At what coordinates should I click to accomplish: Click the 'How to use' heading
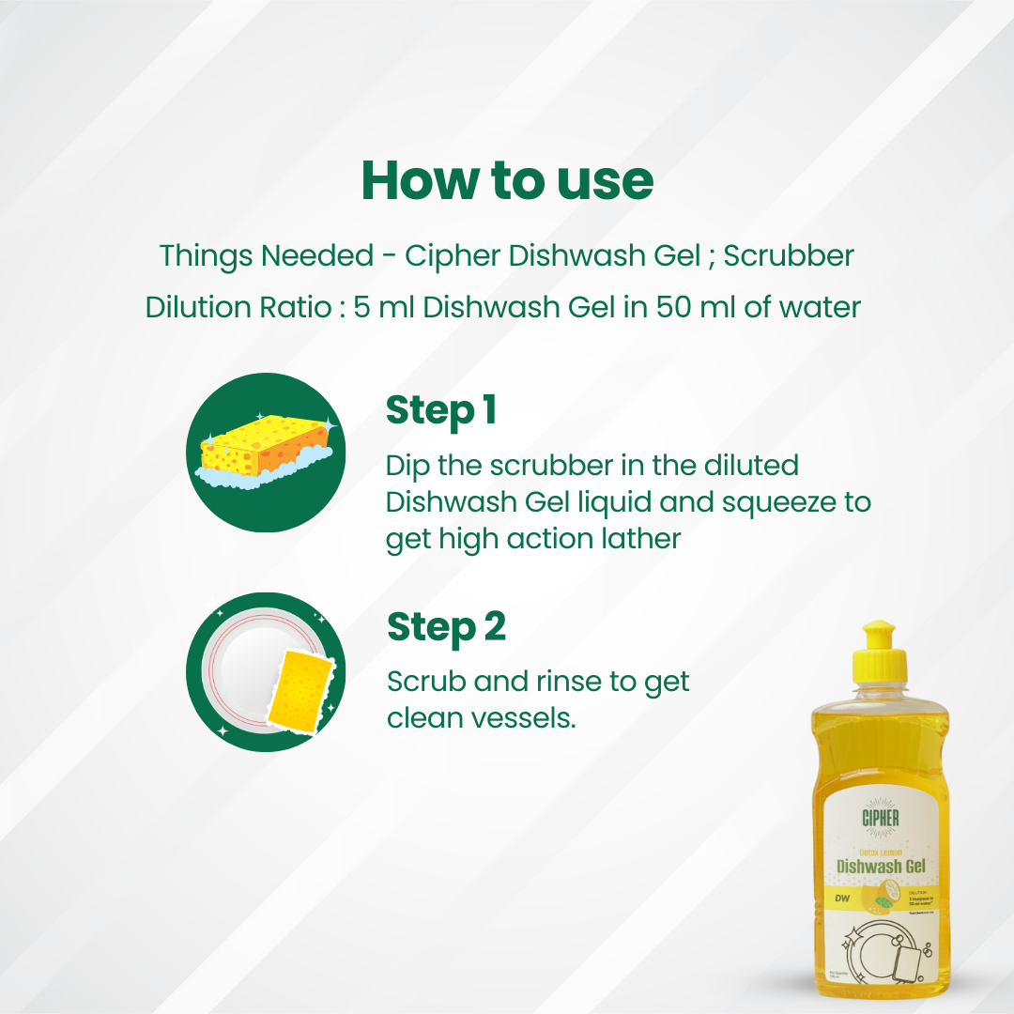[507, 180]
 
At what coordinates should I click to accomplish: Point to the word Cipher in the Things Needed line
[453, 255]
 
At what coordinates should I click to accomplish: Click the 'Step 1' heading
[440, 410]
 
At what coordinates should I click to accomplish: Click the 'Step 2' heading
[446, 627]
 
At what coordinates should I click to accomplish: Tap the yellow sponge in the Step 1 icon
[265, 443]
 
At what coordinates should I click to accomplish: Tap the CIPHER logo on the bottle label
[880, 817]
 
